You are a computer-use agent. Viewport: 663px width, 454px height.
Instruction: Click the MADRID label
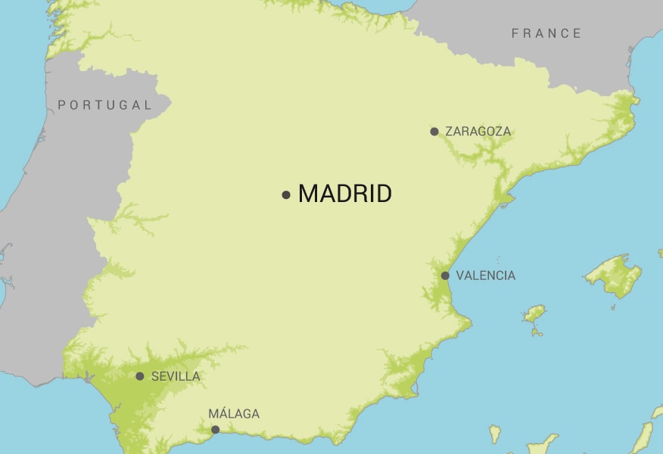345,194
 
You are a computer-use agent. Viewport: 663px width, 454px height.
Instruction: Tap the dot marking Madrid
286,195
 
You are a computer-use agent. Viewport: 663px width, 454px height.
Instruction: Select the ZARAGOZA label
478,132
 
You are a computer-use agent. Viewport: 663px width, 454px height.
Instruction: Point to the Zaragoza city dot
434,132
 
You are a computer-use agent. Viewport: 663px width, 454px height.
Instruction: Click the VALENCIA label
485,275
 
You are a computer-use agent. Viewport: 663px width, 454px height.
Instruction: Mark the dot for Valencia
445,275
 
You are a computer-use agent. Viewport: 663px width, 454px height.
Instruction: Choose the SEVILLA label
176,376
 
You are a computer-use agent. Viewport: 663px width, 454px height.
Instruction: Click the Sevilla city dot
140,376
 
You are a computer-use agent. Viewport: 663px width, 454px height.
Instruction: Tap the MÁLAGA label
234,414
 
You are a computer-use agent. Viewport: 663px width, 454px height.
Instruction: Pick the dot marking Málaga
215,430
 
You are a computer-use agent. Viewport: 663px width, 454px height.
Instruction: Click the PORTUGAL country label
105,105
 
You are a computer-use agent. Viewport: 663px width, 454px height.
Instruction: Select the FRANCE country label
546,33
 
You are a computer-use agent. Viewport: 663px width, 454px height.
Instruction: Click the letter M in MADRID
308,194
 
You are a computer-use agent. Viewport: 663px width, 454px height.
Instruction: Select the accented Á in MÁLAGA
223,414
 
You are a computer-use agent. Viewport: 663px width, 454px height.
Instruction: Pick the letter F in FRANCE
515,33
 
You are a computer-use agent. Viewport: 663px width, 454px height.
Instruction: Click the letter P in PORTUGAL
62,105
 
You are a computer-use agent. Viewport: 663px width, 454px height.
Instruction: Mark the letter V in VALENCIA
460,275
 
